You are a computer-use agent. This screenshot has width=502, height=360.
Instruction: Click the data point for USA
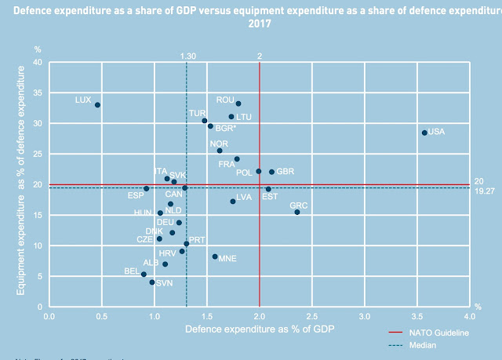tap(424, 133)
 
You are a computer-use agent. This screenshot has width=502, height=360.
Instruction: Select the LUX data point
tap(97, 104)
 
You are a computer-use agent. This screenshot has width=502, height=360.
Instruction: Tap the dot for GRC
tap(297, 212)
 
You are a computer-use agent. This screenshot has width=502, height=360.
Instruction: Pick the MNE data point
tap(215, 256)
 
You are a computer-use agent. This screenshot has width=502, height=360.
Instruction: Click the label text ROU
tap(225, 100)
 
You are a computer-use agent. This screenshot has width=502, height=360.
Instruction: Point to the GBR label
tap(286, 171)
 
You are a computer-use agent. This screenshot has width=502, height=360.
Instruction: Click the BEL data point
tap(144, 275)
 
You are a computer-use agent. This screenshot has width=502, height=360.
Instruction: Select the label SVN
tap(164, 283)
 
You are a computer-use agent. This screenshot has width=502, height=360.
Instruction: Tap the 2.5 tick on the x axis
tap(311, 316)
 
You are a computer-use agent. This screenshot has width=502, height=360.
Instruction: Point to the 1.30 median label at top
tap(187, 56)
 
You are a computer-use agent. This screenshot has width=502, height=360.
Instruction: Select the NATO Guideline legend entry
tap(442, 333)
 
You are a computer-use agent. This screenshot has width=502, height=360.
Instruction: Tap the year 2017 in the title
tap(258, 23)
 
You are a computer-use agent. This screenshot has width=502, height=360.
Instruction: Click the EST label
tap(269, 197)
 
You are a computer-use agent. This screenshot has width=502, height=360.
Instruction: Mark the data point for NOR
tap(220, 151)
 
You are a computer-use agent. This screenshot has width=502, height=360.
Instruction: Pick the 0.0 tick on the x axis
tap(49, 316)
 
